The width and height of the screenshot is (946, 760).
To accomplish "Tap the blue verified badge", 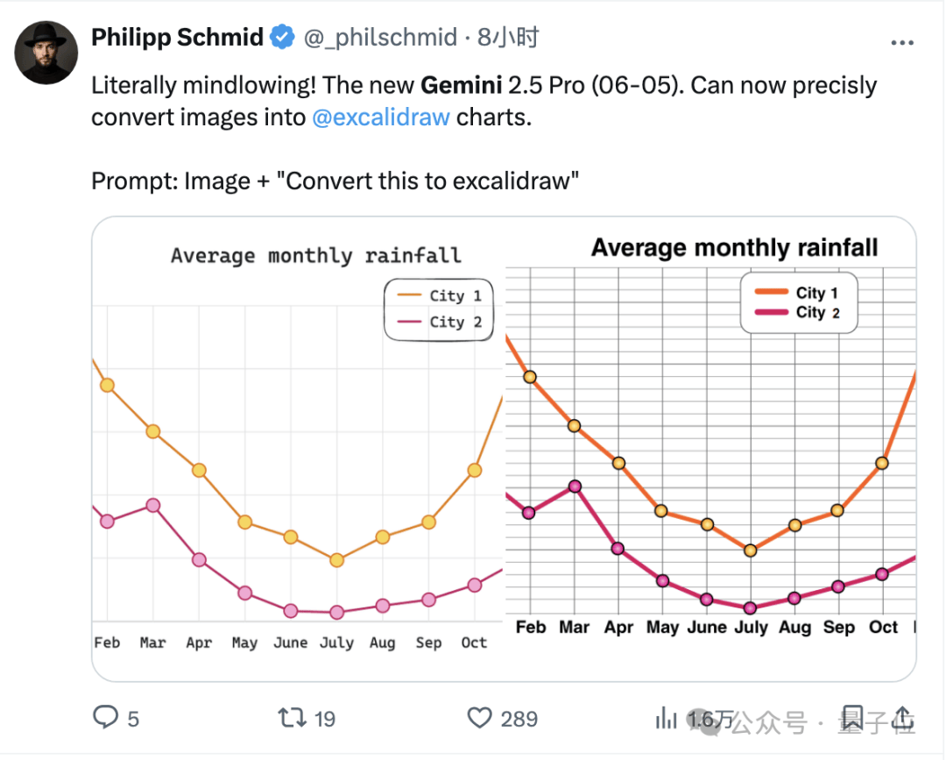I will pos(282,38).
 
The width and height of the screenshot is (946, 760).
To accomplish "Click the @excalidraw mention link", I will pos(381,117).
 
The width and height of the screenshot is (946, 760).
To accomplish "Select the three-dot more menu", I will pos(902,42).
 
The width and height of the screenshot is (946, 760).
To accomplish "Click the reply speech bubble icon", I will pos(105,719).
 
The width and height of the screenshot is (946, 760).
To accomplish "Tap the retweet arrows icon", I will pos(292,719).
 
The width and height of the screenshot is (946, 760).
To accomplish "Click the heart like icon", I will pos(480,719).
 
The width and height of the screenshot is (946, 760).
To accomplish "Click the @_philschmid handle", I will pos(380,38).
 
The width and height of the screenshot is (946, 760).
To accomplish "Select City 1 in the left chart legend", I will pos(455,295).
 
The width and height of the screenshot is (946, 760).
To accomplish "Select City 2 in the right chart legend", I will pos(817,313).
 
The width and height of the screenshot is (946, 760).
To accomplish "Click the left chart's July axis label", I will pos(336,643).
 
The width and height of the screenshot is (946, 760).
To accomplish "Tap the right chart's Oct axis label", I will pos(883,627).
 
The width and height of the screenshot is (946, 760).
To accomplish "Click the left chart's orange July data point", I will pos(336,560).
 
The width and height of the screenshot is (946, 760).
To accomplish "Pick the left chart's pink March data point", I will pos(152,505).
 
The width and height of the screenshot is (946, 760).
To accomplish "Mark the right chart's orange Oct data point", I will pos(882,463).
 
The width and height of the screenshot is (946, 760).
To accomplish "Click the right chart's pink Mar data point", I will pos(575,486).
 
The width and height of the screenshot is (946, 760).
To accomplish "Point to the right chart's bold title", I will pos(734,248).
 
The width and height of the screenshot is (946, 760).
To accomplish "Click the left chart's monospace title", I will pos(315,256).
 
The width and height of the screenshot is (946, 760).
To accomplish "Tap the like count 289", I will pos(519,719).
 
